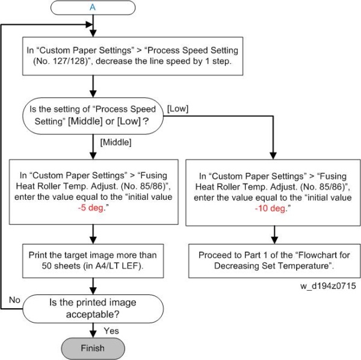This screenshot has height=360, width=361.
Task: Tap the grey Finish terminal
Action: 92,348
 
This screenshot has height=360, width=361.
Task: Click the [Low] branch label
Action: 179,108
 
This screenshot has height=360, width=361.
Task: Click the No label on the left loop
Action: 14,299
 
